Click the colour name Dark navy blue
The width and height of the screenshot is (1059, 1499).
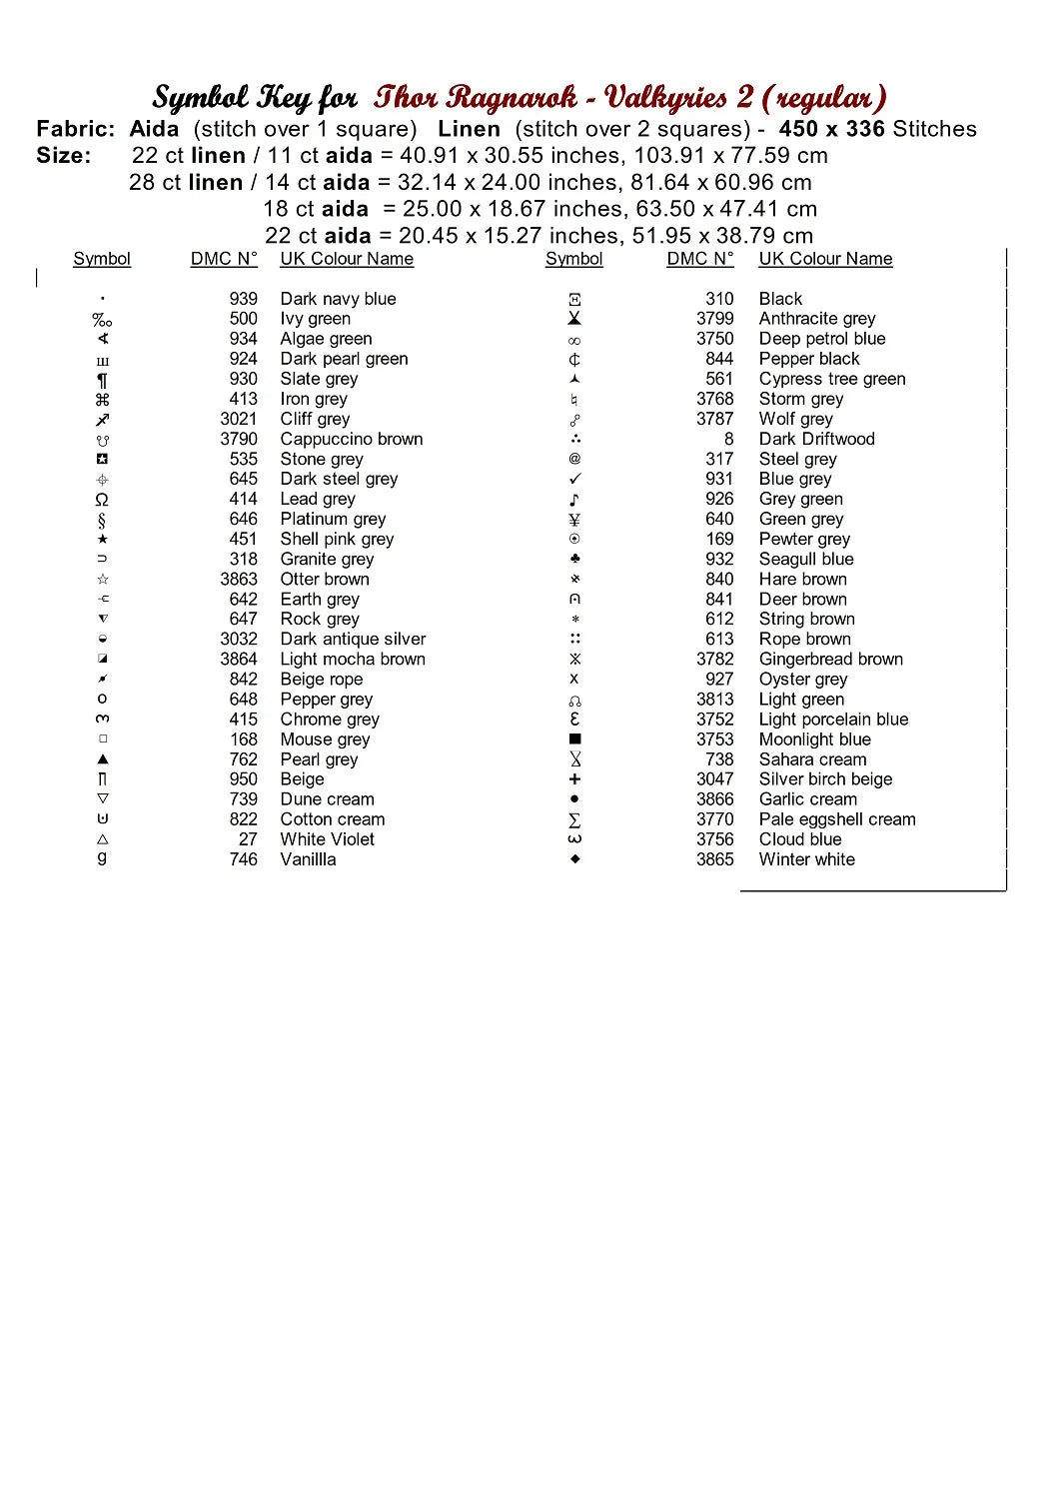[338, 299]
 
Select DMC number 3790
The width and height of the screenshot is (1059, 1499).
[239, 439]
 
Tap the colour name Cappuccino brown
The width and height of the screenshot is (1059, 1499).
[351, 439]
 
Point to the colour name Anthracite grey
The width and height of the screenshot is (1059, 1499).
[816, 319]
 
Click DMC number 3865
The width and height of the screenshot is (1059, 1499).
[714, 859]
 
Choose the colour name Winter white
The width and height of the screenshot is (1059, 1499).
[806, 859]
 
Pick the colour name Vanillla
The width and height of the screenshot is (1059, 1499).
[308, 859]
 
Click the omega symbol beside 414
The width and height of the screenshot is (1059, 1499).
[102, 500]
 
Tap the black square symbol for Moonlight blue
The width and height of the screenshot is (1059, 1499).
[574, 740]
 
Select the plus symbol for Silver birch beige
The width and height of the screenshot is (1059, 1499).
[574, 779]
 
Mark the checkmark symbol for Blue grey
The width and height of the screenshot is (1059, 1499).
[574, 480]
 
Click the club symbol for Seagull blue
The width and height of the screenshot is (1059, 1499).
[574, 559]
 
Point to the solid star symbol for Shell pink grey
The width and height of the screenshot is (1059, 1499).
[102, 540]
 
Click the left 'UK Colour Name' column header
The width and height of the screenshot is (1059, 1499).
[347, 259]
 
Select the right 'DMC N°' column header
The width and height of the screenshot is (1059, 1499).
[699, 259]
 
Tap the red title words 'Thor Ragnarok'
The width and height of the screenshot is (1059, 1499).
[476, 97]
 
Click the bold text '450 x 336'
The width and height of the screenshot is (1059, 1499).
[831, 129]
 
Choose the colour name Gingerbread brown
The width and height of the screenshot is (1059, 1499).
[830, 660]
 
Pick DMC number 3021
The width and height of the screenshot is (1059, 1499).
[239, 419]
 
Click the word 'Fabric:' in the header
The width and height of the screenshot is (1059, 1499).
[75, 129]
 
